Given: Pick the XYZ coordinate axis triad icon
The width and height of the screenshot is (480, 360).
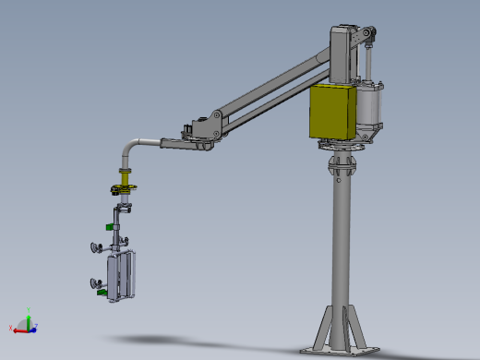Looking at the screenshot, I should click(27, 324).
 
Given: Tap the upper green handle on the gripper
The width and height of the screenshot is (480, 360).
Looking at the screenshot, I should click(110, 223).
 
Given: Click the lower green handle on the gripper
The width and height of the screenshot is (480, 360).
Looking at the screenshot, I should click(104, 294).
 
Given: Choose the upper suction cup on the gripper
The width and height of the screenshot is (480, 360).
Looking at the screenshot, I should click(95, 246).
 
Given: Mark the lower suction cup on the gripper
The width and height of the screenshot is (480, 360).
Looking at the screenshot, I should click(94, 282).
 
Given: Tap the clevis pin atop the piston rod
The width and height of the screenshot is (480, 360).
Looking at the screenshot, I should click(370, 37).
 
